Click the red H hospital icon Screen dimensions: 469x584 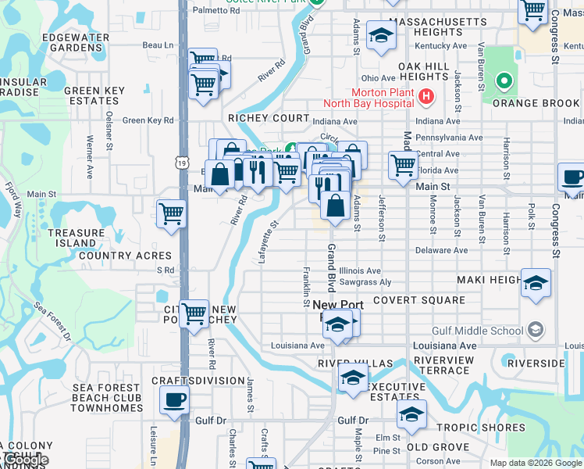426,97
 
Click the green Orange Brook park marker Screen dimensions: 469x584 504,81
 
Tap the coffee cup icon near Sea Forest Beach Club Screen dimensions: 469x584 174,400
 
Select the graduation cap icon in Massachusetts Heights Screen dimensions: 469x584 381,35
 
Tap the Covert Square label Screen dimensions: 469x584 418,300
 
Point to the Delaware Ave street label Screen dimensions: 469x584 441,250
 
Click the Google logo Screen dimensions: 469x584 26,460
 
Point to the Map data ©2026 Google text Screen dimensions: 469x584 536,463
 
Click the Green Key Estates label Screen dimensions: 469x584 94,95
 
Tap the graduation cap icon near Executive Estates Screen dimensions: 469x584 353,378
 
